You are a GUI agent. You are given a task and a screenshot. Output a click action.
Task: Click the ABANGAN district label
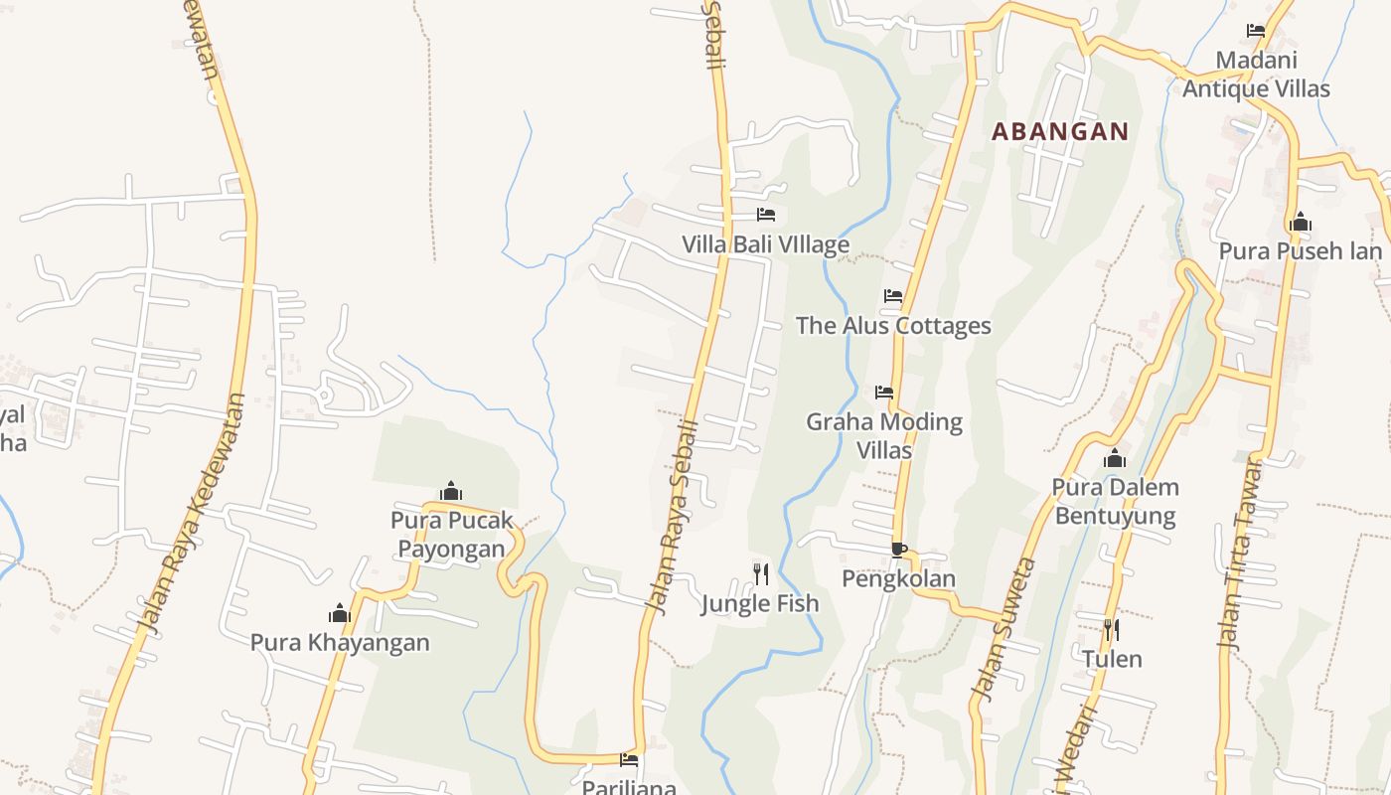[x=1060, y=131]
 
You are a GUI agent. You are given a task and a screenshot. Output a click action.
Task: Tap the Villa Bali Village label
[x=765, y=244]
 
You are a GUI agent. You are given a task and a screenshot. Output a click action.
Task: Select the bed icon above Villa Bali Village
[x=765, y=214]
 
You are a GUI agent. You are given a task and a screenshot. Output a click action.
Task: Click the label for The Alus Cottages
[x=893, y=326]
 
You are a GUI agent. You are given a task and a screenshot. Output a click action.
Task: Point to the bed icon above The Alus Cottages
[x=893, y=295]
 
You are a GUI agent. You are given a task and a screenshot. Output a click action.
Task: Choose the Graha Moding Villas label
[x=884, y=435]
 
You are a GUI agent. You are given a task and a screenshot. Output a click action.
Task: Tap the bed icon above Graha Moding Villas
[x=884, y=392]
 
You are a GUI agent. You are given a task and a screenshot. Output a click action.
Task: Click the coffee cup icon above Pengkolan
[x=899, y=550]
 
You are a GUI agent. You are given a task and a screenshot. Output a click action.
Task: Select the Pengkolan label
[x=899, y=578]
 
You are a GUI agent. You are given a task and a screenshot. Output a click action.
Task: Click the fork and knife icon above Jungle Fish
[x=760, y=573]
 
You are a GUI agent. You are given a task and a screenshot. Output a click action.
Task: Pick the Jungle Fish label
[x=760, y=603]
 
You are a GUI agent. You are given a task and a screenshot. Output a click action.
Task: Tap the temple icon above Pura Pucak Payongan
[x=451, y=491]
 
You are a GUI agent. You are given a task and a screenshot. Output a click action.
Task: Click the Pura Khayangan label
[x=340, y=642]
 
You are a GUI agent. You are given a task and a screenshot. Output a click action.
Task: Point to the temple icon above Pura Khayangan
[x=340, y=612]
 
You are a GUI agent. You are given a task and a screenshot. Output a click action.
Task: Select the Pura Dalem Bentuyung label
[x=1115, y=502]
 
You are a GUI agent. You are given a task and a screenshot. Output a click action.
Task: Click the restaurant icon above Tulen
[x=1112, y=629]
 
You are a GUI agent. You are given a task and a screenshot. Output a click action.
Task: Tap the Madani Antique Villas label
[x=1256, y=75]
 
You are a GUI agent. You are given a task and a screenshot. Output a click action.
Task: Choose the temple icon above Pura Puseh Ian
[x=1300, y=222]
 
